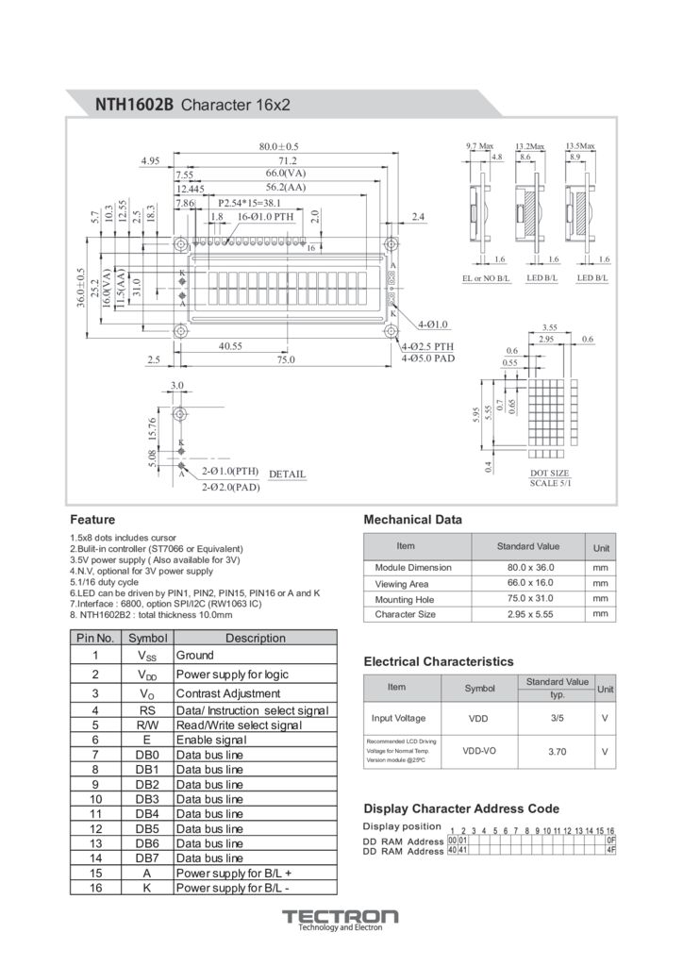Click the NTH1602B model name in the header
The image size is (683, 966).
tap(134, 105)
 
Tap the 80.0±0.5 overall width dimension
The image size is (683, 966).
tap(278, 147)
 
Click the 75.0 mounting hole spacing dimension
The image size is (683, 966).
tap(285, 359)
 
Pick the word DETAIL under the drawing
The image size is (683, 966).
tap(288, 474)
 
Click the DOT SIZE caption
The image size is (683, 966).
tap(549, 473)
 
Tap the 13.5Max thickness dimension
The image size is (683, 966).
tap(580, 146)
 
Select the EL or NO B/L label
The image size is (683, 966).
tap(486, 279)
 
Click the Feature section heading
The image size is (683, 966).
tap(92, 520)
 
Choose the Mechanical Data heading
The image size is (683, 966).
tap(413, 520)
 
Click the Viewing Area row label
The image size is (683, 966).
tap(402, 584)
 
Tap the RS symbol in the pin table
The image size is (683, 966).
tap(147, 710)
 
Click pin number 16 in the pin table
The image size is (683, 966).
tap(95, 888)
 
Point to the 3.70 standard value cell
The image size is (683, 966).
tap(557, 752)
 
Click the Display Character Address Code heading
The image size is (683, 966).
tap(461, 808)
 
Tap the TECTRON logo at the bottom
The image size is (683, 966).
tap(341, 917)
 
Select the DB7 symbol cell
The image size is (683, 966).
tap(147, 858)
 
